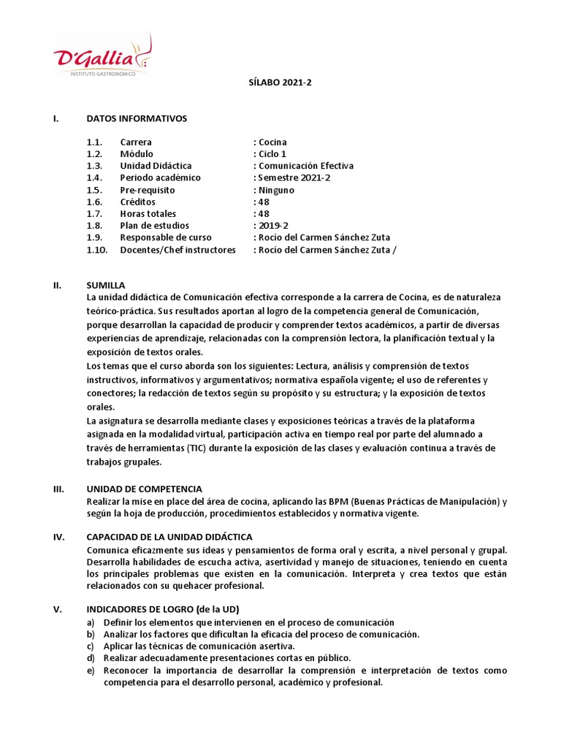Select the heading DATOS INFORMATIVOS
[137, 118]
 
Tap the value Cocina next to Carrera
[272, 142]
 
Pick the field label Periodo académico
[160, 178]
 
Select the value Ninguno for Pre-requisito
[275, 190]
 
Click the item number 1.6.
[94, 202]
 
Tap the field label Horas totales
[148, 214]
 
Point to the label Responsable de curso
[166, 237]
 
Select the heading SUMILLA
[106, 285]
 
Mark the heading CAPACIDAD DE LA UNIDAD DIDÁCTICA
[169, 537]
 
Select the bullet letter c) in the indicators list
[90, 646]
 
